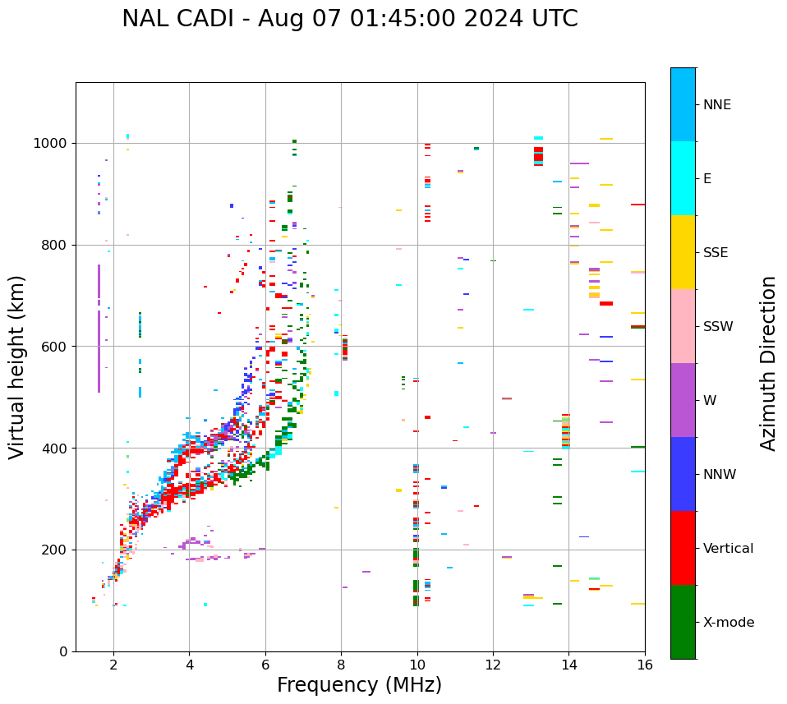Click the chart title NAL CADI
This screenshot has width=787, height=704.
(x=349, y=19)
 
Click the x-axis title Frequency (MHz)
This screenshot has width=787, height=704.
(x=359, y=685)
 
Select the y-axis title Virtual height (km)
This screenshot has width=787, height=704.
(x=18, y=367)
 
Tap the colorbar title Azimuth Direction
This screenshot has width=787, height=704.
(x=768, y=363)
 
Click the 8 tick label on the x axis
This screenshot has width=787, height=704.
(x=341, y=665)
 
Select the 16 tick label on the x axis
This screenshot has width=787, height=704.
(x=645, y=665)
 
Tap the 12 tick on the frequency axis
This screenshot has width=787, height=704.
(x=493, y=665)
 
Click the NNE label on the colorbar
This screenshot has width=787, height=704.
(x=716, y=105)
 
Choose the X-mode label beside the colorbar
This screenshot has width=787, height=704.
(x=728, y=623)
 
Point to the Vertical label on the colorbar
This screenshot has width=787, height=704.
(x=728, y=549)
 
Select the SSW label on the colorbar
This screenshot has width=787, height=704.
(x=718, y=327)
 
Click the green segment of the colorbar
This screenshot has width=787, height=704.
(x=683, y=622)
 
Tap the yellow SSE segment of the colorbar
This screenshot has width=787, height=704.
(x=683, y=252)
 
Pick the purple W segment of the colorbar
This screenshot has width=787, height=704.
(x=683, y=400)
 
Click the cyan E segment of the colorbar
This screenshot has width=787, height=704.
(x=683, y=178)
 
